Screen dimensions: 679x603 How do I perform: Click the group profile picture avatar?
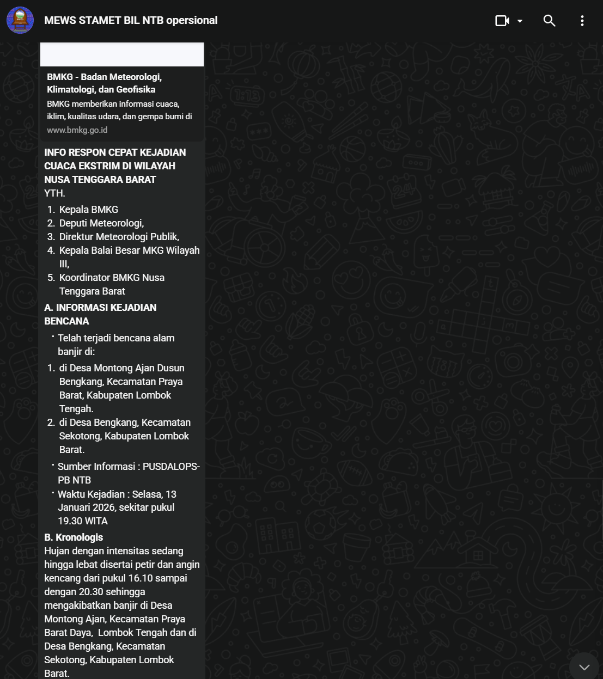point(20,21)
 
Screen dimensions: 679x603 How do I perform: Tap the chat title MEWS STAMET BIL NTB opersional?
point(131,21)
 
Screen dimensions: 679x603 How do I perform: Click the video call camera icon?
point(502,21)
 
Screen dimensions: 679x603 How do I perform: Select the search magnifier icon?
point(549,21)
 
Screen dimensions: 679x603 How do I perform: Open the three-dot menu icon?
point(582,21)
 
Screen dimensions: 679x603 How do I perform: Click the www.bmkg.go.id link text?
point(77,130)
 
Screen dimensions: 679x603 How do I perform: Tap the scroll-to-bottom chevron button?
point(584,667)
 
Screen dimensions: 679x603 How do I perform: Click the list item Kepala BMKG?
point(88,210)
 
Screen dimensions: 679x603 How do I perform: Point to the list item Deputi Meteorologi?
point(101,223)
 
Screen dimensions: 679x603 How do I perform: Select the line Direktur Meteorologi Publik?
point(119,237)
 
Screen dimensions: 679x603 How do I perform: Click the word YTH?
point(54,193)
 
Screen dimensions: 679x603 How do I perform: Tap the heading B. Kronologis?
point(74,537)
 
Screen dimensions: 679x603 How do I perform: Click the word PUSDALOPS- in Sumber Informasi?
point(171,467)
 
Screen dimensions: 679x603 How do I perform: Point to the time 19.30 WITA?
point(83,521)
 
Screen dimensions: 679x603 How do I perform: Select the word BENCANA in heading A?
point(66,321)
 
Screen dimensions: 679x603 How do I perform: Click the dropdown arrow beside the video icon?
point(520,21)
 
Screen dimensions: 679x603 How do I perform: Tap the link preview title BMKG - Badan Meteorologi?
point(104,77)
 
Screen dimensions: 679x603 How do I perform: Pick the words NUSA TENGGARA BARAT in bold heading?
point(100,180)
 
